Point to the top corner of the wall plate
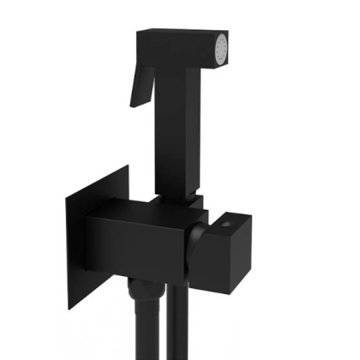pyautogui.click(x=127, y=168)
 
